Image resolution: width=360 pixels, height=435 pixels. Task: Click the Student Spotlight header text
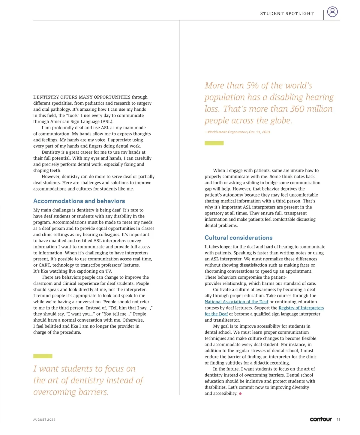coord(287,13)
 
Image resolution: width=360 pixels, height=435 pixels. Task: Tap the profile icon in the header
coord(332,12)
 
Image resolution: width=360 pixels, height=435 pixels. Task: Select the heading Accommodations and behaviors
coord(79,201)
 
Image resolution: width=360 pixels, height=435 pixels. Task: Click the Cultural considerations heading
coord(238,238)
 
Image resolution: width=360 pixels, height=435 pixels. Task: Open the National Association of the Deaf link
coord(236,302)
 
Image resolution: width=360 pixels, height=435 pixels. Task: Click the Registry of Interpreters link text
coord(301,308)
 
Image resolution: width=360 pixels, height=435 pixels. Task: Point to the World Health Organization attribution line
coord(238,132)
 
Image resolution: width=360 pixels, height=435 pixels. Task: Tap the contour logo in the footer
coord(321,419)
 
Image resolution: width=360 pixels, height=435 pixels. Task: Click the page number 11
coord(338,420)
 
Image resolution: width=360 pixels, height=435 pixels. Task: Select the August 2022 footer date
coord(44,420)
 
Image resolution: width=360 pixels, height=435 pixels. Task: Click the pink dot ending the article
coord(240,394)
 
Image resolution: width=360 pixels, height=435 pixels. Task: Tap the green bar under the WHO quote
coord(214,143)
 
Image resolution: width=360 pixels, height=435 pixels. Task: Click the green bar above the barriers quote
coord(43,356)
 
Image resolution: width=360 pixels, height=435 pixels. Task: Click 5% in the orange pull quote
coord(253,86)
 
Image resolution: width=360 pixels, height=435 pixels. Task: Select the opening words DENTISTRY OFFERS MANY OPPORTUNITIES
coord(82,97)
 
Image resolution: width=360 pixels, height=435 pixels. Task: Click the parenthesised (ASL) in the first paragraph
coord(107,121)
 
